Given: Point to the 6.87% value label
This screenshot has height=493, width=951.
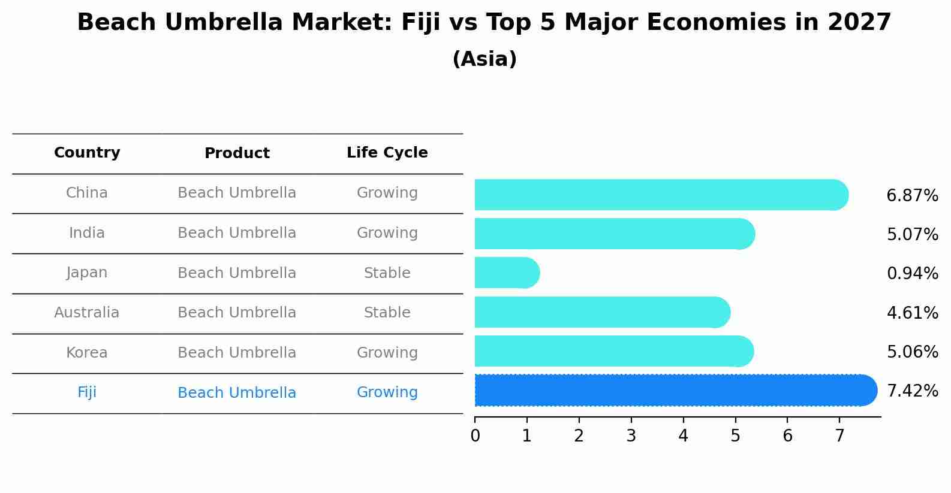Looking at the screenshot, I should click(x=912, y=196).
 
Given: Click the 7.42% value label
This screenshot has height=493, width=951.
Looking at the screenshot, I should click(x=912, y=391).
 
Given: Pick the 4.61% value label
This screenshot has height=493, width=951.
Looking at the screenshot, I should click(x=912, y=313).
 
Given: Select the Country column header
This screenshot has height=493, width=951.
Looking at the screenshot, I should click(x=87, y=153).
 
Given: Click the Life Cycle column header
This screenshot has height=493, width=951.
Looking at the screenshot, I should click(x=387, y=153).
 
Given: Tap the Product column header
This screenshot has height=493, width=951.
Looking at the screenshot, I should click(x=237, y=153).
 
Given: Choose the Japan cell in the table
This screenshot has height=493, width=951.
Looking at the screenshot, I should click(x=87, y=273).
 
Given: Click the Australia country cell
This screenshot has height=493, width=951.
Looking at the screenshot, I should click(x=87, y=313).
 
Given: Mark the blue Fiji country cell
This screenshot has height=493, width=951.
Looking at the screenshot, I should click(x=87, y=392).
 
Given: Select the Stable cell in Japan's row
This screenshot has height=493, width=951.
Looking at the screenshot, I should click(x=387, y=273).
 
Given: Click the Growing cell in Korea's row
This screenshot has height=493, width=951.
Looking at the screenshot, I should click(x=387, y=353).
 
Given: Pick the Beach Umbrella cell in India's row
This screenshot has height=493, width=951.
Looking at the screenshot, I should click(x=237, y=233).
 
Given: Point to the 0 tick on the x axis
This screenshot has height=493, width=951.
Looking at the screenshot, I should click(x=475, y=436).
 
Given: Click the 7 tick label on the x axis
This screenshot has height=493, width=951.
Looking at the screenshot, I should click(x=839, y=436).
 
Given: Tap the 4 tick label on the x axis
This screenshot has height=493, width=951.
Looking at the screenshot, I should click(x=683, y=436).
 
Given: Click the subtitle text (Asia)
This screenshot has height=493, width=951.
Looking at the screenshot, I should click(x=484, y=59).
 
